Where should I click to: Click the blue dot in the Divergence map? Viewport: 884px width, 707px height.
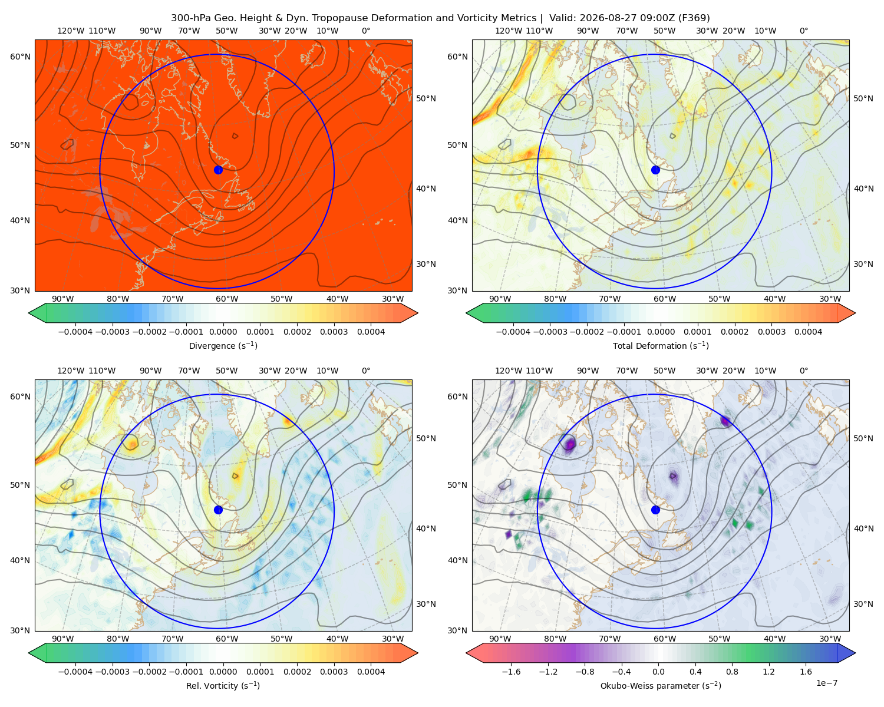click(x=218, y=170)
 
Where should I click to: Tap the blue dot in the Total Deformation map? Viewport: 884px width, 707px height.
click(x=655, y=170)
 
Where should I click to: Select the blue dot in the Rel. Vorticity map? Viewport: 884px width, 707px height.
click(x=218, y=510)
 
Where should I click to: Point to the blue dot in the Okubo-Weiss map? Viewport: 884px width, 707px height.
click(x=655, y=510)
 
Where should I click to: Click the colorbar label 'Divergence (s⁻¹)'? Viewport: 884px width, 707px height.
click(x=223, y=345)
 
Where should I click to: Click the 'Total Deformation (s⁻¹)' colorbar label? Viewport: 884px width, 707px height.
click(x=661, y=345)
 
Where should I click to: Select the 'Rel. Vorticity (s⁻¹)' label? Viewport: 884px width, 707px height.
click(x=223, y=685)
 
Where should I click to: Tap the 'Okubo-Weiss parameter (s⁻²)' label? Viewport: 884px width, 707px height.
click(x=661, y=685)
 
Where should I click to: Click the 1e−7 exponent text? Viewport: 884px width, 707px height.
click(x=826, y=683)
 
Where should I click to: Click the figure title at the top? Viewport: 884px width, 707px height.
click(x=440, y=18)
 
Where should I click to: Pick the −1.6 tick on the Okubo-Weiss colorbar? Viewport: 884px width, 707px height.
click(x=511, y=671)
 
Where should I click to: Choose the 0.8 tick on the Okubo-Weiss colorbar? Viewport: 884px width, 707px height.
click(x=732, y=671)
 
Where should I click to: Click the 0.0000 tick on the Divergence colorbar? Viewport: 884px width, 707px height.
click(x=223, y=332)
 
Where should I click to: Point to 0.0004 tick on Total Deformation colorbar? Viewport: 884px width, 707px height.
click(x=808, y=332)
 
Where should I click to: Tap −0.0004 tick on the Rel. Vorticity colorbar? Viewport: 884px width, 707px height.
click(x=75, y=671)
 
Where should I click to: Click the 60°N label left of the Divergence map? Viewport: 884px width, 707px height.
click(x=20, y=57)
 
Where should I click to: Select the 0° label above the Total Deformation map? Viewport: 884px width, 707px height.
click(x=803, y=31)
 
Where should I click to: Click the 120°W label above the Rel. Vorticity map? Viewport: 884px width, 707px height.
click(x=71, y=371)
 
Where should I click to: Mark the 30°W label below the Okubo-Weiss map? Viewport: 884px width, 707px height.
click(x=830, y=639)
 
